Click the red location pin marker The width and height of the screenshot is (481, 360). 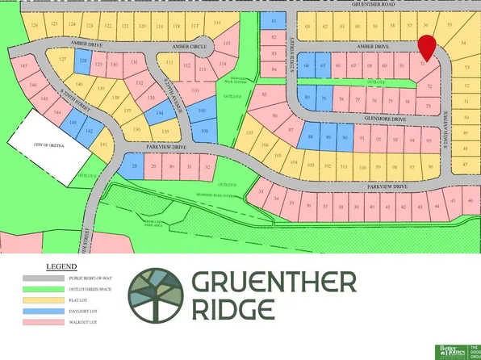[426, 47]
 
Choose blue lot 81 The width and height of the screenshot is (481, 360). [274, 21]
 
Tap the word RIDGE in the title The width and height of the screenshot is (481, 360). [233, 309]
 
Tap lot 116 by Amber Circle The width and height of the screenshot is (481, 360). [218, 23]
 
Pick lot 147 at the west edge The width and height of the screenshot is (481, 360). [24, 65]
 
